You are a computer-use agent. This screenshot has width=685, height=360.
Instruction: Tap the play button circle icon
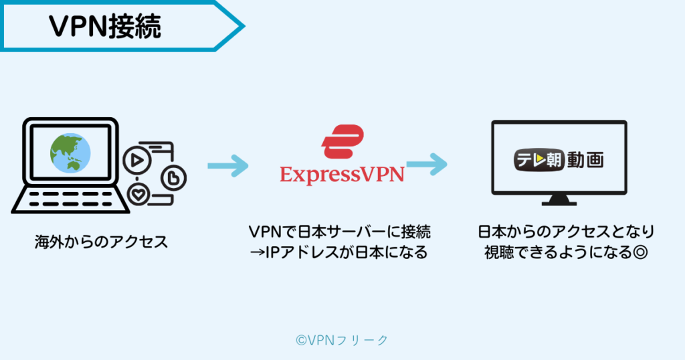135,161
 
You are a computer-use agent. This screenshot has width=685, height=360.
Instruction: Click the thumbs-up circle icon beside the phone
173,178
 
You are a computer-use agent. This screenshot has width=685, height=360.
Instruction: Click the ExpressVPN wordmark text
342,175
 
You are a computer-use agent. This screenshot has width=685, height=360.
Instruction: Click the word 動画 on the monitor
585,161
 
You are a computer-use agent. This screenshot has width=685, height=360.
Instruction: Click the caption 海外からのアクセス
101,242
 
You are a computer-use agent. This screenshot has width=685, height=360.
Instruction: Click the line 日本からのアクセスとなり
566,232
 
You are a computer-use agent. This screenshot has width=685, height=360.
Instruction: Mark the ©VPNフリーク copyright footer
342,340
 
